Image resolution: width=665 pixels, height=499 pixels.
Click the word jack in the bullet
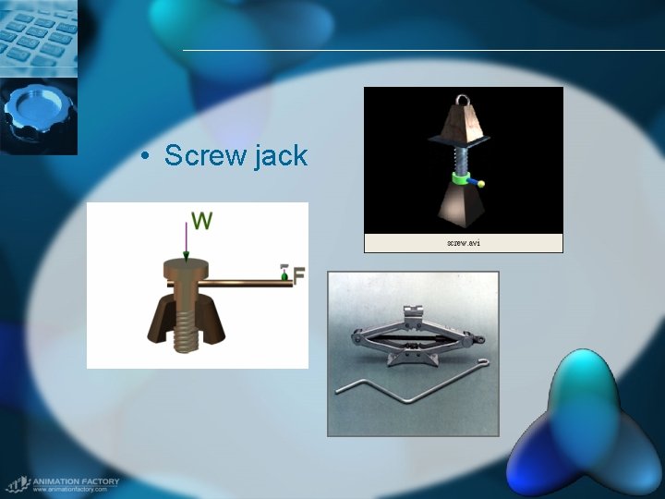coord(278,157)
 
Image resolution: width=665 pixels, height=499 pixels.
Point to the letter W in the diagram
coord(201,221)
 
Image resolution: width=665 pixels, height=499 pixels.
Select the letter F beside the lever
coord(299,274)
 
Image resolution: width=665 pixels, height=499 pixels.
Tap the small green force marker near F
coord(284,274)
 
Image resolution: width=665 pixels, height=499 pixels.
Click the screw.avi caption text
coord(463,244)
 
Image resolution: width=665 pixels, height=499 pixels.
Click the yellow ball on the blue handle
coord(481,183)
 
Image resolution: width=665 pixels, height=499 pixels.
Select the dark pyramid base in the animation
coord(462,207)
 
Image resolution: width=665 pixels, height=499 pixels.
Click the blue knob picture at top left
coord(38,116)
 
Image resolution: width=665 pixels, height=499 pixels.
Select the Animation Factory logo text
coord(70,481)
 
